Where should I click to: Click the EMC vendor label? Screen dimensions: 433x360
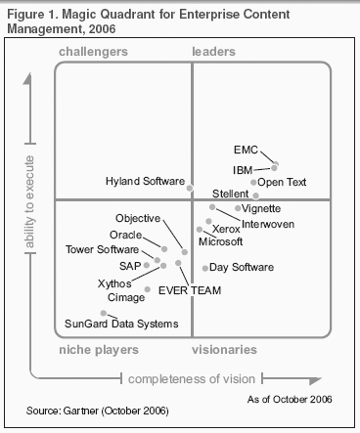246,152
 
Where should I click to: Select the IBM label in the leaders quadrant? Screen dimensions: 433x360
242,170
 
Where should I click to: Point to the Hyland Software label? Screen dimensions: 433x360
145,182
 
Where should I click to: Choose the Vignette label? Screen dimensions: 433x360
262,208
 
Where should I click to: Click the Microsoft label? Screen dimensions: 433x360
220,240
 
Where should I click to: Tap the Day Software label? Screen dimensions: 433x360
242,267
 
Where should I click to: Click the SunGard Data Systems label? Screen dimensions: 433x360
108,324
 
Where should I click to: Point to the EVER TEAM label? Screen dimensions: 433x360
190,290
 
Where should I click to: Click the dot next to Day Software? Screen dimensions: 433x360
204,267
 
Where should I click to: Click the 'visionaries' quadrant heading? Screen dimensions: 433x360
225,349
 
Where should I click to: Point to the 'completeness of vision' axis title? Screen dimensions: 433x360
192,378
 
